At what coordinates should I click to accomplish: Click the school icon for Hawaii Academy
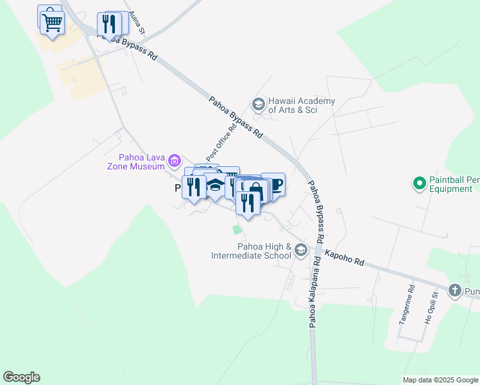258,104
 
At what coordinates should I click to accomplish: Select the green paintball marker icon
420,184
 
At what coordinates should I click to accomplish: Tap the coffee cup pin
275,185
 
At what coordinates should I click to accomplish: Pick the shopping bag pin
255,191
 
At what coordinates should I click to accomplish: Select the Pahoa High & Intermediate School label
252,251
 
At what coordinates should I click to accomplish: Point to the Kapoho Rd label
344,258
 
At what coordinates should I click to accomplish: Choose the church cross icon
455,291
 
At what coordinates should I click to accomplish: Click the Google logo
21,377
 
